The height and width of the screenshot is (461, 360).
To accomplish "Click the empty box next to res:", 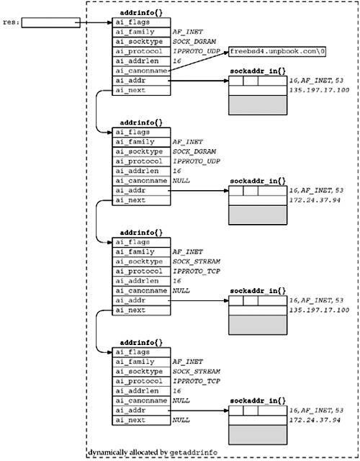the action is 51,22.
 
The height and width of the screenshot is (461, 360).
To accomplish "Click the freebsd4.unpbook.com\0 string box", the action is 277,51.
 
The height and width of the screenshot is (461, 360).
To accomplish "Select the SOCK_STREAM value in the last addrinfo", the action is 197,372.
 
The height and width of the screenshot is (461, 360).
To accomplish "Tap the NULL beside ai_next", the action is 181,420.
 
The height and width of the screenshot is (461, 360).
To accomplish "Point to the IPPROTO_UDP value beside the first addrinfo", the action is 197,51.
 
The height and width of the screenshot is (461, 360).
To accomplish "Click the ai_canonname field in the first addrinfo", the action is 141,71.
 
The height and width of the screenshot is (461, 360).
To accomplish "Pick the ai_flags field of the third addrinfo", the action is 141,242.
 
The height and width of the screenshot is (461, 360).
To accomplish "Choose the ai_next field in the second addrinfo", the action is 141,200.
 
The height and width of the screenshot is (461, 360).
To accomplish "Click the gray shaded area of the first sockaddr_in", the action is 258,105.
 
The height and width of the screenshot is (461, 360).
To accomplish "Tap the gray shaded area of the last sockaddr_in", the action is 258,435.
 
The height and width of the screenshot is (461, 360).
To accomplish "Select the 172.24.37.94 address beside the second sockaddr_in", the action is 315,200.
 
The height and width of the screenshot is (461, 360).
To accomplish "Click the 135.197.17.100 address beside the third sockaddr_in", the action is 319,310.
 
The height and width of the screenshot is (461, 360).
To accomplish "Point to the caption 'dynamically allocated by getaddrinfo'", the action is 153,452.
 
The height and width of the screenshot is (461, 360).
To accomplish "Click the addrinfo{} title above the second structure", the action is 141,123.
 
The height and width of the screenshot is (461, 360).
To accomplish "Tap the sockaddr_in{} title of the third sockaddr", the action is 258,291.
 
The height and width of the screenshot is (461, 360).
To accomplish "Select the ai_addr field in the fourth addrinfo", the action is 141,411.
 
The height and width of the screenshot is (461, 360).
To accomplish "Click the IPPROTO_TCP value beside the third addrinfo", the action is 197,271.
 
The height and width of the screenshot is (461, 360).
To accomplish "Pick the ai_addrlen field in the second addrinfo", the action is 141,171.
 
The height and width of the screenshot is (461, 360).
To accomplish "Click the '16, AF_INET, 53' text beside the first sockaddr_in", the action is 316,81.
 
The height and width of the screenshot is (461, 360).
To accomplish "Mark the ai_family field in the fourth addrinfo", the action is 141,362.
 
